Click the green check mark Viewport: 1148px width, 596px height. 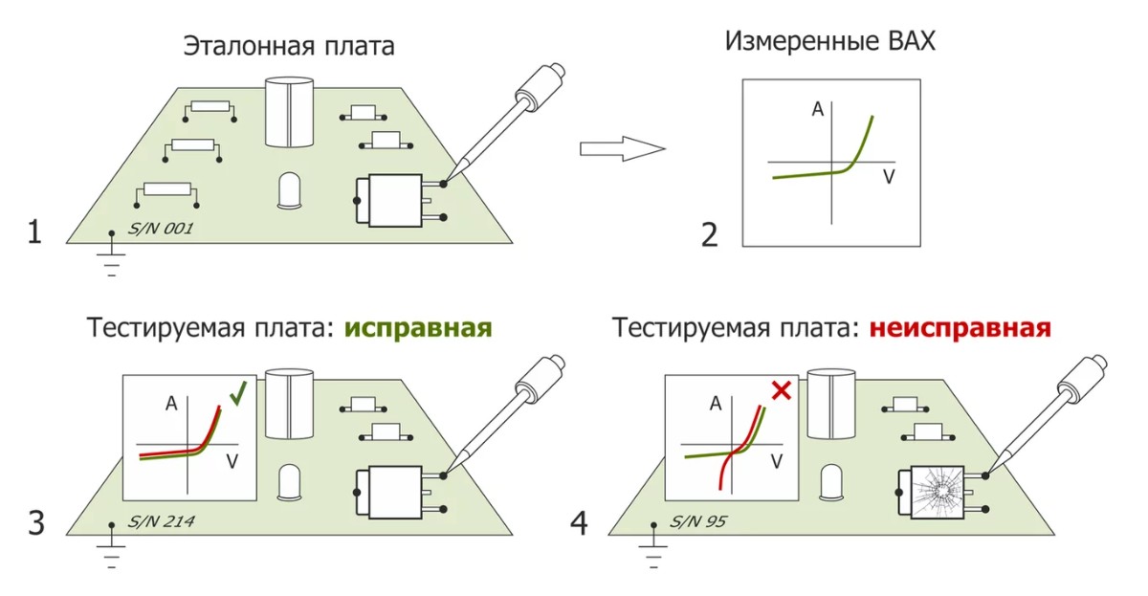click(238, 391)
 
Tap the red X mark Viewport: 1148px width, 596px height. click(779, 390)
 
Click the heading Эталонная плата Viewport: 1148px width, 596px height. click(288, 46)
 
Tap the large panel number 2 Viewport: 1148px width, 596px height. click(709, 233)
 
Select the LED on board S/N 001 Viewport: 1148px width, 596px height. click(290, 190)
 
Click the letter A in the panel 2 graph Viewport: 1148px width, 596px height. click(817, 109)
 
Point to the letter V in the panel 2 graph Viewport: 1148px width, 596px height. click(889, 178)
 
